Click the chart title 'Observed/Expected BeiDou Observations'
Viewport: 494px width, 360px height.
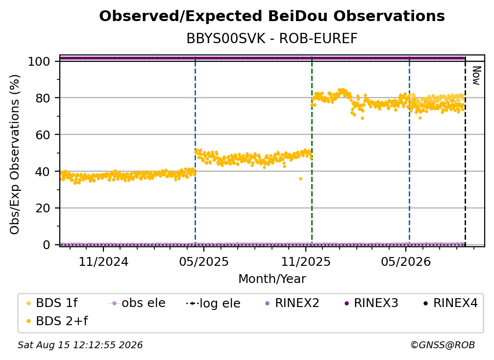272,16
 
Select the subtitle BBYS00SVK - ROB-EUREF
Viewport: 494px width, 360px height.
272,38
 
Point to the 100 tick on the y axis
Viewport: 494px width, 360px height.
39,61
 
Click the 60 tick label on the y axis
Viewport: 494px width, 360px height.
43,134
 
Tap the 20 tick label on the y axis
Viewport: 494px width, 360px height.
43,208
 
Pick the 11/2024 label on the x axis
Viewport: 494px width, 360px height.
103,261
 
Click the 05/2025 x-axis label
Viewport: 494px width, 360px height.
204,261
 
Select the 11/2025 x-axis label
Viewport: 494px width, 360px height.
306,261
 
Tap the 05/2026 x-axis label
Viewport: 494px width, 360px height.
406,261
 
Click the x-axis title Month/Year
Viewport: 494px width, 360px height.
272,279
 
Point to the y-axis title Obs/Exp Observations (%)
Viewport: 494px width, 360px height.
15,154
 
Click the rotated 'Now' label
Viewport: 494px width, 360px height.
476,76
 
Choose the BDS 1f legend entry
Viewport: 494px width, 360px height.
52,303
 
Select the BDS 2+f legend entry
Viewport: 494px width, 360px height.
57,321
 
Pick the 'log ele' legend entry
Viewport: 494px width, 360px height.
214,303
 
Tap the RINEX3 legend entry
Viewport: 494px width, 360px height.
371,303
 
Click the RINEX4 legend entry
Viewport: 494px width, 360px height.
451,303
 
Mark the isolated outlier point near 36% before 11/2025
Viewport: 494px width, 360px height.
300,179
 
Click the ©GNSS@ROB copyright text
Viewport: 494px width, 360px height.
443,345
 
